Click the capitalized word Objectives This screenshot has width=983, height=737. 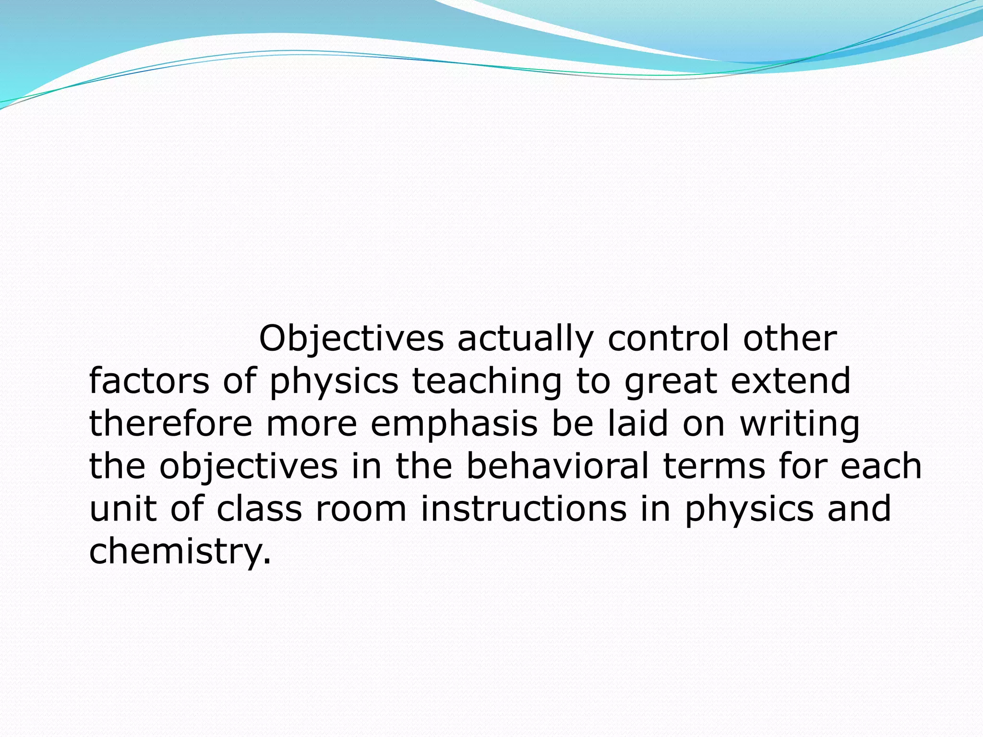[x=351, y=339]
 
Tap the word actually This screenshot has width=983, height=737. [x=525, y=339]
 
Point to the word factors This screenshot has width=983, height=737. [x=149, y=381]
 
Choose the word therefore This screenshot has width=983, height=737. [x=171, y=424]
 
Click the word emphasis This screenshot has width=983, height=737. [x=454, y=425]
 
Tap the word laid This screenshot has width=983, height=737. [x=638, y=424]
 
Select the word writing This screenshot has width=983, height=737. [x=800, y=425]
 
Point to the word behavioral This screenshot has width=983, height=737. [x=557, y=466]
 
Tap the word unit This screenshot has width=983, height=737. [x=123, y=509]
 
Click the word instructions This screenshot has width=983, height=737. [x=524, y=509]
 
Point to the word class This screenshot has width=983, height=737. [x=259, y=509]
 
